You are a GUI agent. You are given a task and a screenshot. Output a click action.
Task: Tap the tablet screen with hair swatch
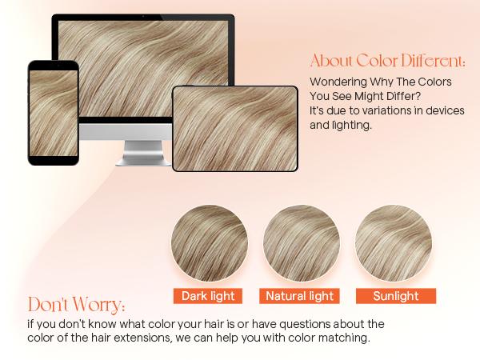click(x=235, y=128)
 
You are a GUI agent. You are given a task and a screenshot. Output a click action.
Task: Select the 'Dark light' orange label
click(x=208, y=296)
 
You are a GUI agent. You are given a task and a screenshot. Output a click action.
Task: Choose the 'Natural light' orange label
click(x=300, y=296)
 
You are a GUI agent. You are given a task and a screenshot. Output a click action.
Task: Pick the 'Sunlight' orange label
click(x=395, y=296)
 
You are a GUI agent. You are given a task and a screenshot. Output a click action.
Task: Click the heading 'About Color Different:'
click(x=387, y=62)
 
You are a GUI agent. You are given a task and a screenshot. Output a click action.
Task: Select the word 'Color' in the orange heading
click(x=374, y=62)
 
